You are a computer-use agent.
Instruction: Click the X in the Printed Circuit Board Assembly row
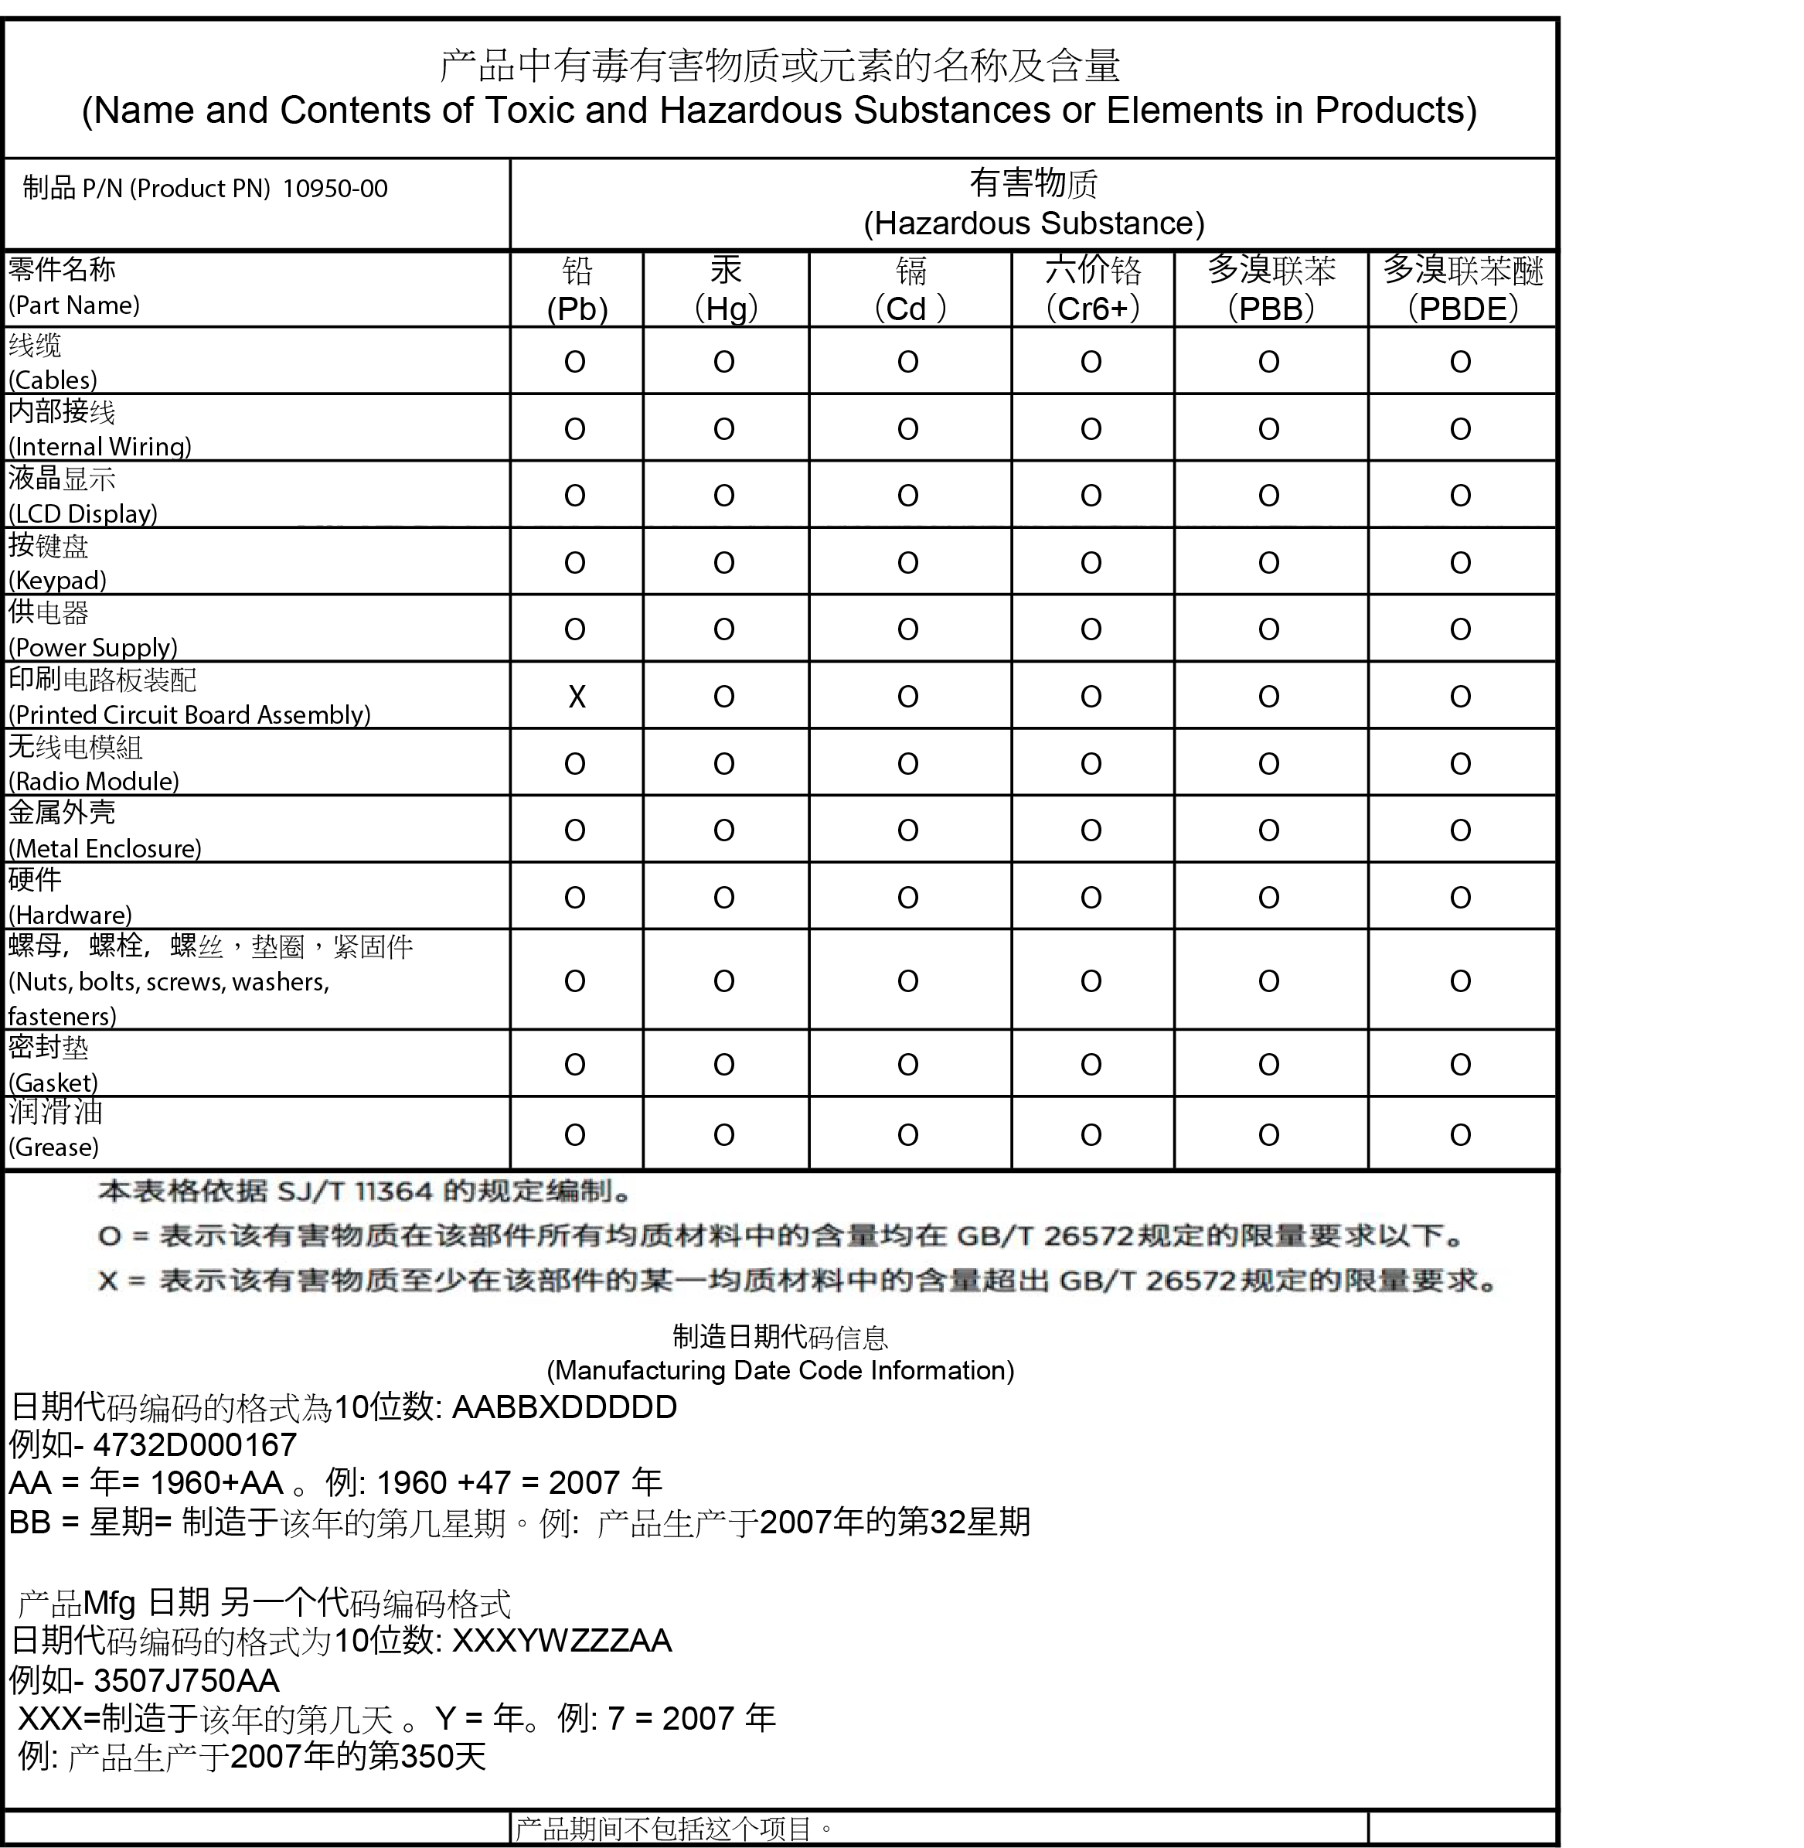[x=576, y=697]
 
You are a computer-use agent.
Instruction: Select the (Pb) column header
[x=577, y=309]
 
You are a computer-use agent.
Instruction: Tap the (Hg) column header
[x=726, y=309]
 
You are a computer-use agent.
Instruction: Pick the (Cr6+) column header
[x=1092, y=309]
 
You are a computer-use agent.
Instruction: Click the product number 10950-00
[x=335, y=189]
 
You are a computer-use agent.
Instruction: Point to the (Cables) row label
[x=53, y=380]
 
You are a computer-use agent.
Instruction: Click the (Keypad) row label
[x=57, y=580]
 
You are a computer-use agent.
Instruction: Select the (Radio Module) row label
[x=94, y=781]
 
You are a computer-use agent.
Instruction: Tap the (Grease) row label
[x=54, y=1147]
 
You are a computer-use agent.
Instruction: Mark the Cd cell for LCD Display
[x=907, y=496]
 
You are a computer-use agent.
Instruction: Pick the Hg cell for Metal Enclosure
[x=724, y=831]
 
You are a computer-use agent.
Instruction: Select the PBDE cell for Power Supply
[x=1460, y=630]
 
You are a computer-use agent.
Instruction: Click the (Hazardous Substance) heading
[x=1033, y=223]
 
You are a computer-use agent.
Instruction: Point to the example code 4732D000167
[x=196, y=1444]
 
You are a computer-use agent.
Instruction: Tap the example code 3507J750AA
[x=186, y=1680]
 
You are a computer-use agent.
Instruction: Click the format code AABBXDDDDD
[x=565, y=1406]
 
